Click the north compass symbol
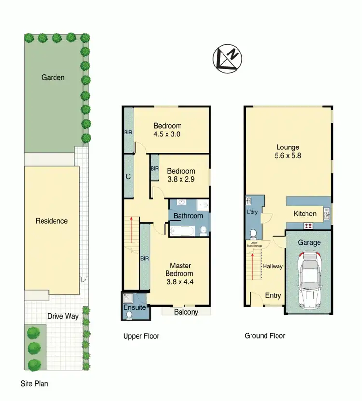coord(228,59)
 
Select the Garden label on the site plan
coord(53,77)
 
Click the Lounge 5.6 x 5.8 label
coord(288,151)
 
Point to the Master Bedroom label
coord(180,274)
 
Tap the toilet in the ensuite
coord(129,315)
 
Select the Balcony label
coord(186,312)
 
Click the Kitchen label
coord(305,214)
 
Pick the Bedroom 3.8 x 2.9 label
coord(181,175)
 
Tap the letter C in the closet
coord(128,176)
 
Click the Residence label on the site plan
coord(52,221)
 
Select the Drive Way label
coord(63,316)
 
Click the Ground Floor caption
coord(265,336)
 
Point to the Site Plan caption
coord(34,384)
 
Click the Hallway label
coord(273,266)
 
